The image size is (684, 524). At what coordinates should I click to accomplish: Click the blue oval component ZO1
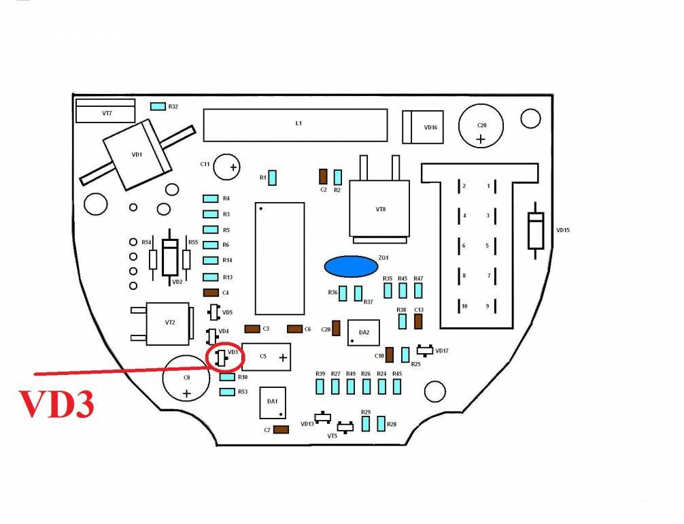(351, 266)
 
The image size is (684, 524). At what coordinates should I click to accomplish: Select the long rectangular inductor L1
(297, 124)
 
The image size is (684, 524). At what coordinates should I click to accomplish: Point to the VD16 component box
(422, 127)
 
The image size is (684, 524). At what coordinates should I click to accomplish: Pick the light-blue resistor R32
(158, 107)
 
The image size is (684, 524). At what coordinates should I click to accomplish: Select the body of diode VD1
(137, 156)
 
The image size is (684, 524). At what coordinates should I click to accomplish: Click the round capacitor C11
(228, 166)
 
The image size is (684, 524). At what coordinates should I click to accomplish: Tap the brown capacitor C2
(323, 176)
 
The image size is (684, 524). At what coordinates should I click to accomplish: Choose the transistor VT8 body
(379, 208)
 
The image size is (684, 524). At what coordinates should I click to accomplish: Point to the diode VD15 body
(536, 230)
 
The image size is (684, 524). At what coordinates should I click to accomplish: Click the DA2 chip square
(363, 333)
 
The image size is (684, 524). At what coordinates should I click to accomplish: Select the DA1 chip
(272, 403)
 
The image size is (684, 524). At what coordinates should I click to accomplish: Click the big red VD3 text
(56, 404)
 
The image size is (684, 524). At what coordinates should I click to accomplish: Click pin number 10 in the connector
(464, 307)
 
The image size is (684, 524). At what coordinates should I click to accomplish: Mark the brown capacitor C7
(280, 429)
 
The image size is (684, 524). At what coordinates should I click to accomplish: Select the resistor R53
(227, 392)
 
